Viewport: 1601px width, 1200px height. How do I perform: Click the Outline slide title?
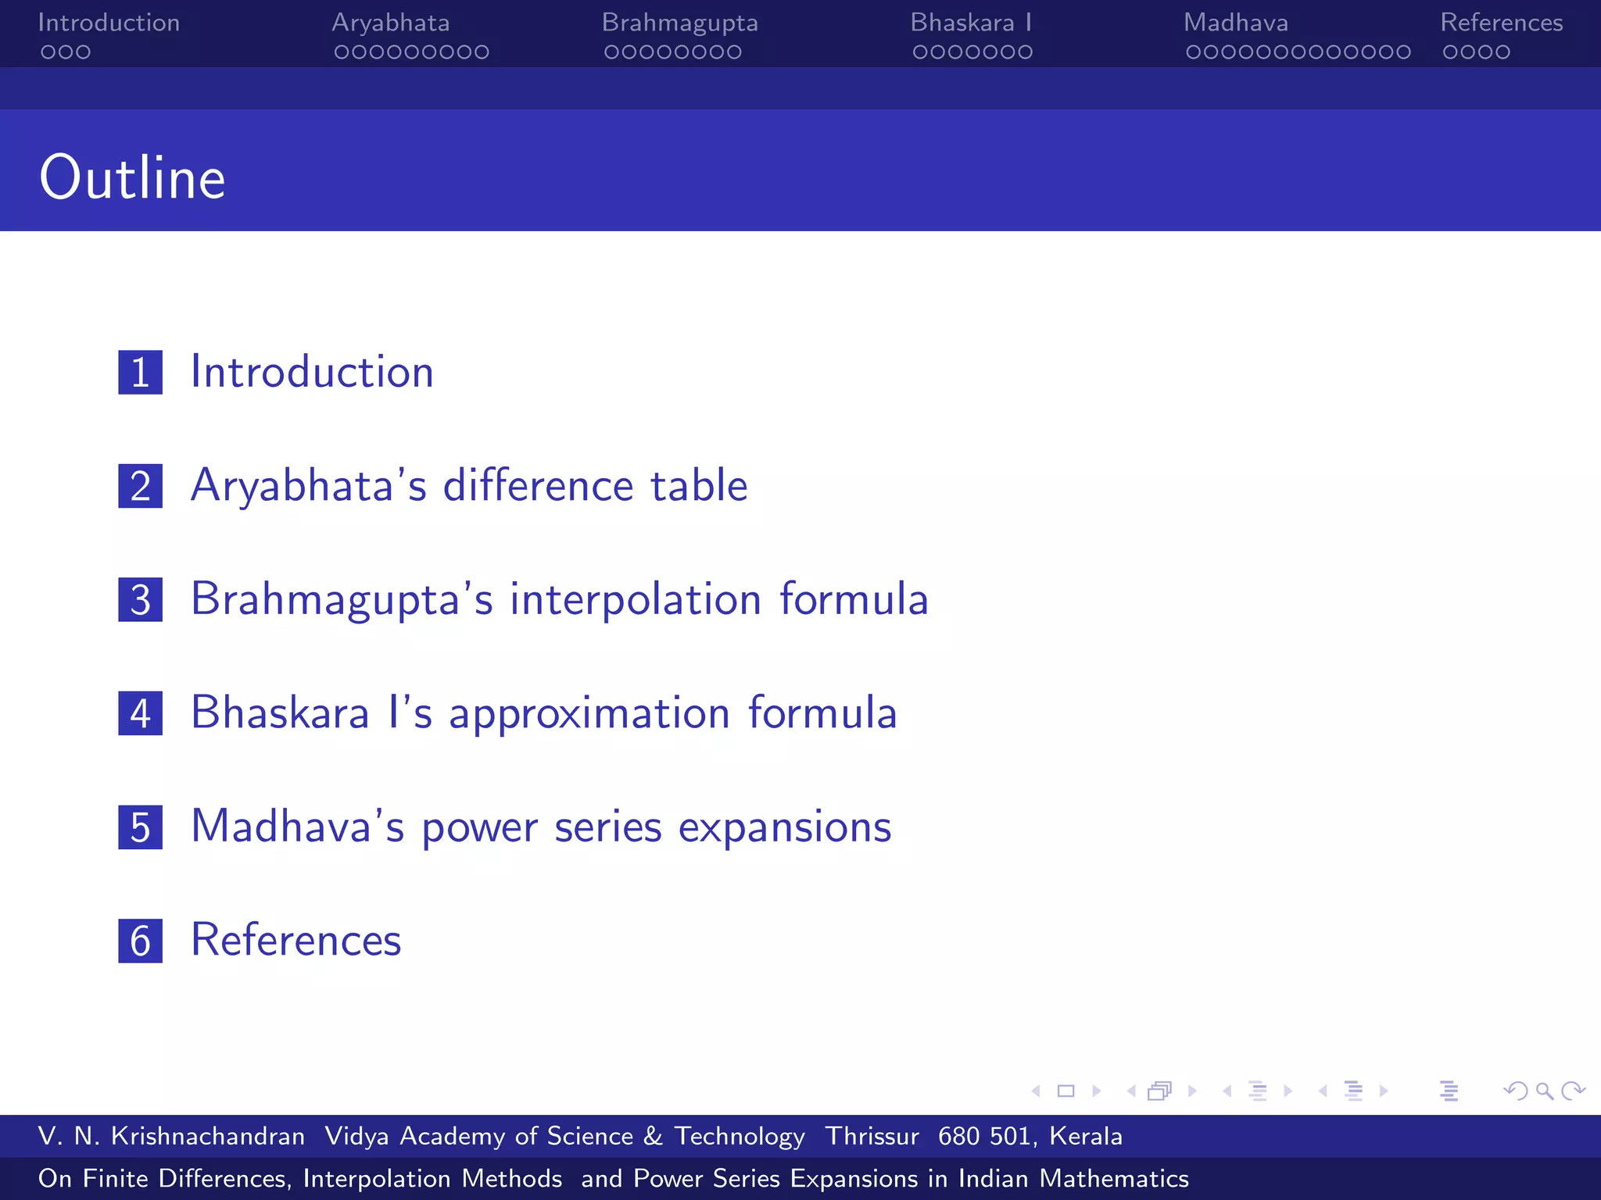point(132,178)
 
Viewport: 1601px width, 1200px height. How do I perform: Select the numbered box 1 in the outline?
point(141,372)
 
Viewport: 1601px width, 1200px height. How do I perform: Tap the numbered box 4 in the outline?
point(141,713)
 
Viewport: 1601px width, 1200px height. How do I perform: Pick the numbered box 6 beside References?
point(141,941)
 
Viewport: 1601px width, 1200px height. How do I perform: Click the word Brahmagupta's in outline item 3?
point(342,600)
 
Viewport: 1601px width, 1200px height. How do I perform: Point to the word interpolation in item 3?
point(636,600)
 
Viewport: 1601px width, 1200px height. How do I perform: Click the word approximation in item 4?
point(589,714)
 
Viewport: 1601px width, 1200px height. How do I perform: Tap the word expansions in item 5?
point(784,828)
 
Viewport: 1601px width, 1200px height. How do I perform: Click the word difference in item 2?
point(538,486)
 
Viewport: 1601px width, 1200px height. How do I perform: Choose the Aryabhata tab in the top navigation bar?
point(390,23)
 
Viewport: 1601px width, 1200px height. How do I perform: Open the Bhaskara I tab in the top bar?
point(971,23)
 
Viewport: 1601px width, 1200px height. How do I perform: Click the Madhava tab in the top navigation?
point(1235,23)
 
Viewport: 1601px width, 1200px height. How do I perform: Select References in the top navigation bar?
point(1501,23)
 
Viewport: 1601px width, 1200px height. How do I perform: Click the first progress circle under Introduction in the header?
point(48,52)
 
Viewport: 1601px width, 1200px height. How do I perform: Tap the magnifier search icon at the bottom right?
point(1544,1091)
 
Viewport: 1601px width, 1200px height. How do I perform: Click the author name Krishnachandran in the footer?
point(207,1136)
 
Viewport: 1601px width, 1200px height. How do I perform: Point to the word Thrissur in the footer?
point(872,1136)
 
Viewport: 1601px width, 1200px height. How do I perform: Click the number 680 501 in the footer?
point(983,1136)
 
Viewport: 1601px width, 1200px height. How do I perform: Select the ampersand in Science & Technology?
point(653,1136)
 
